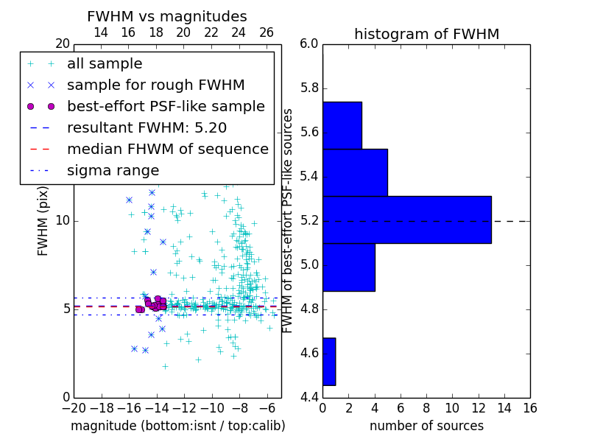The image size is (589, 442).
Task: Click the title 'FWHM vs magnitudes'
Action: tap(167, 16)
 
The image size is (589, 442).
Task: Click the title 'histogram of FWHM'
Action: tap(426, 34)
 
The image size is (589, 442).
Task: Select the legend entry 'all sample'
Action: tap(105, 64)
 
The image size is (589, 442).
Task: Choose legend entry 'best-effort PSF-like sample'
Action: tap(166, 106)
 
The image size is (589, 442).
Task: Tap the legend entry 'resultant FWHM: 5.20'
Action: tap(152, 127)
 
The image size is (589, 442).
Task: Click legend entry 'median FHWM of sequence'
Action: tap(167, 149)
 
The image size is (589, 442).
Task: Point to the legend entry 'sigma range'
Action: tap(113, 170)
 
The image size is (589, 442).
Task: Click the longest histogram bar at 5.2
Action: tap(406, 220)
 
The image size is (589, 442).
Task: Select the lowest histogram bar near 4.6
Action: tap(328, 361)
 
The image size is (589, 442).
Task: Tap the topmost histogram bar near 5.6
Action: tap(342, 125)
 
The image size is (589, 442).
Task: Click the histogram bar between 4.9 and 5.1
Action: tap(348, 267)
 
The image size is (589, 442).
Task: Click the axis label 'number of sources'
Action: tap(426, 426)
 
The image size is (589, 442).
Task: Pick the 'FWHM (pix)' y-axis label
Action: tap(43, 220)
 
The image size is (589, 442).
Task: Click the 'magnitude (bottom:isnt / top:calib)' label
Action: tap(177, 426)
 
